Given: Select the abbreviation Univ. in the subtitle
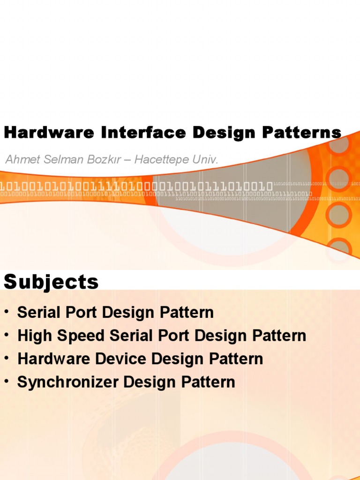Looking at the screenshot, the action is pyautogui.click(x=206, y=159).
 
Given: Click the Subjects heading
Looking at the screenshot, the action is pyautogui.click(x=51, y=282).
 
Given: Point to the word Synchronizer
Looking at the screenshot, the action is pyautogui.click(x=67, y=382).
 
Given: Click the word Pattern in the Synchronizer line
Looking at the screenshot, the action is pyautogui.click(x=210, y=382).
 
